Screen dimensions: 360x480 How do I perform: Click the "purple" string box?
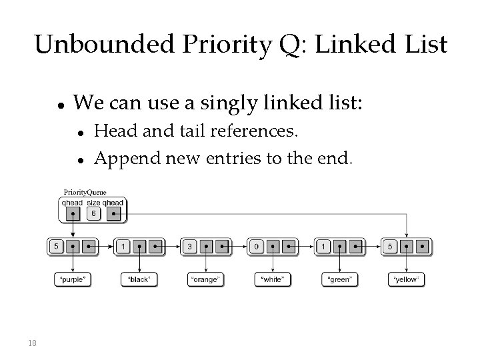(x=72, y=279)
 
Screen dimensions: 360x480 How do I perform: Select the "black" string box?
(x=139, y=279)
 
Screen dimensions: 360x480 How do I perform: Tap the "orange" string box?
(x=205, y=279)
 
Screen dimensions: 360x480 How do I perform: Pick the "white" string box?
(x=272, y=279)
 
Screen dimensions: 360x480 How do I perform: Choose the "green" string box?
(x=339, y=279)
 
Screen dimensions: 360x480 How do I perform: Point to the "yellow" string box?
(x=406, y=279)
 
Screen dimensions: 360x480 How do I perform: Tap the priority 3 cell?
(x=189, y=246)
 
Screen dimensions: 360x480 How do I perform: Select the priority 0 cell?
(x=256, y=246)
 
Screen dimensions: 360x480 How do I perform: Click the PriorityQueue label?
(x=85, y=192)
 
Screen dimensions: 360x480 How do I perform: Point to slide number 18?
(x=32, y=343)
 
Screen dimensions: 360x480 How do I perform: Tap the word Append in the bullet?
(x=118, y=159)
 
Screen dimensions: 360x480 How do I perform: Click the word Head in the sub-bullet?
(x=110, y=131)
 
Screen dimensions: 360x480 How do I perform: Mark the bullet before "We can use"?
(x=60, y=105)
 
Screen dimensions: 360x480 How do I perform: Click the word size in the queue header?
(x=93, y=203)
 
